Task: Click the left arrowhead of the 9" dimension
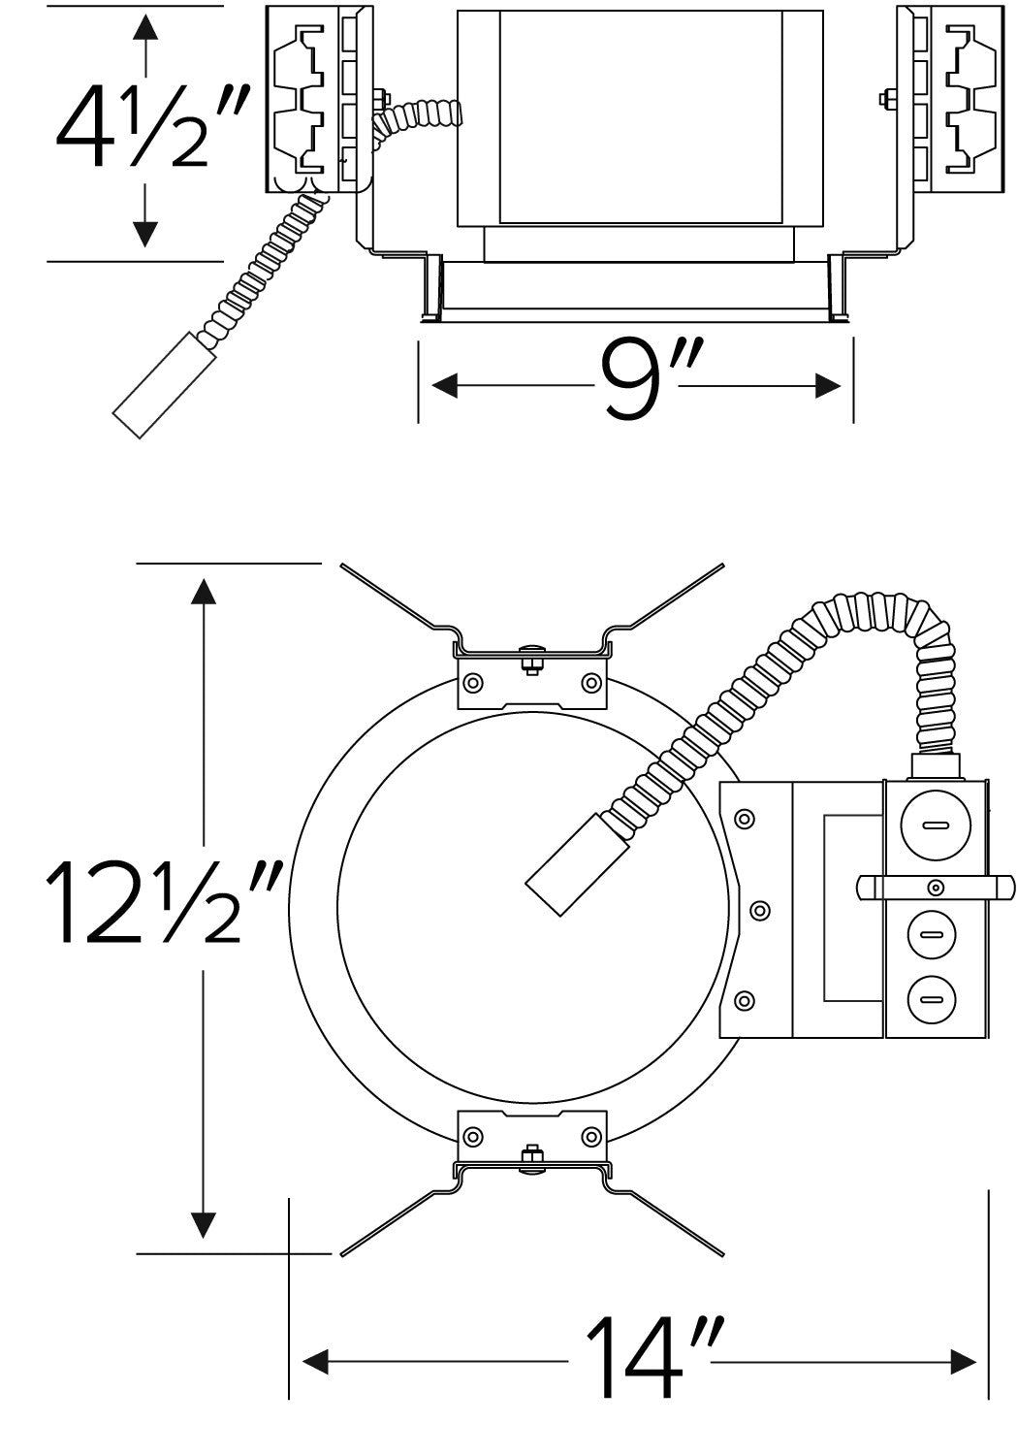(x=444, y=385)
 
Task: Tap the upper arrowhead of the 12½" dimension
(x=204, y=591)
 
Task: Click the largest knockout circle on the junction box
(x=936, y=825)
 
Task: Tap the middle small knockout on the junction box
(x=933, y=935)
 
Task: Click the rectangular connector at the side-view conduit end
(x=163, y=385)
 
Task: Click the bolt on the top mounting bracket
(x=532, y=659)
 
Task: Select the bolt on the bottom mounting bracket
(x=532, y=1159)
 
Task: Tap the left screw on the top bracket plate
(x=473, y=683)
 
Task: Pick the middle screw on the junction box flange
(x=759, y=911)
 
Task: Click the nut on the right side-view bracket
(x=884, y=99)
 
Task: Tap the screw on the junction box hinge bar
(x=936, y=888)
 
